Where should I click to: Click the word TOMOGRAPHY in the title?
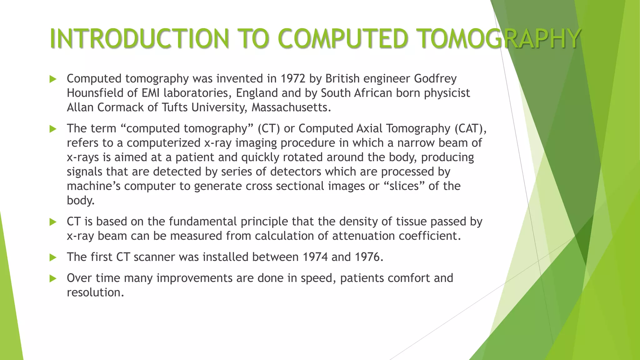[x=499, y=39]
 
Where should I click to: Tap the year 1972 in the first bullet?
[x=293, y=78]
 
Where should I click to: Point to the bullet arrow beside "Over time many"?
[x=53, y=278]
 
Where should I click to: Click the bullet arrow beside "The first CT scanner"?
[x=53, y=257]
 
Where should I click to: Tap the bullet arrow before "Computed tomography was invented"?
[x=53, y=79]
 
